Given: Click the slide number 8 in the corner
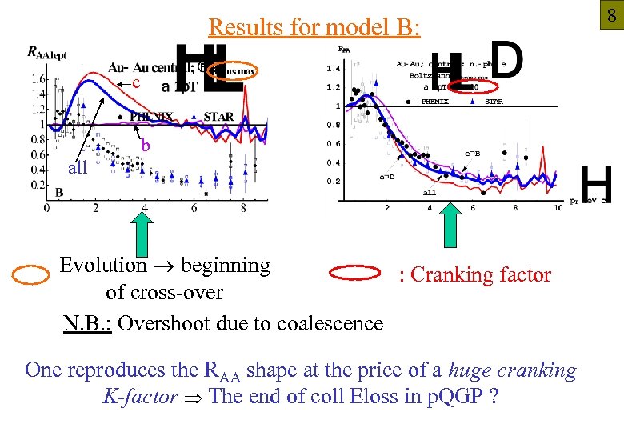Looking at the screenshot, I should [x=610, y=14].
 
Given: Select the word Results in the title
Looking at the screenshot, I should [x=241, y=27].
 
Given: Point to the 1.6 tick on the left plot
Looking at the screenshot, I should [x=36, y=79].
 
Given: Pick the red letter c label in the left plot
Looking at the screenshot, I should [x=137, y=83].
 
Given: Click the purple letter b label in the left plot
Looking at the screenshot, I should [x=146, y=146].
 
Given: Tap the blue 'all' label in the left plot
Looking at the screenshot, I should [x=78, y=168].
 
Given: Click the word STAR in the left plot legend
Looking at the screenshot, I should [x=218, y=117].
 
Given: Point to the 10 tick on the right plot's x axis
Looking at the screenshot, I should [x=558, y=207].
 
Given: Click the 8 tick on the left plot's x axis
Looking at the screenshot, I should [x=243, y=208].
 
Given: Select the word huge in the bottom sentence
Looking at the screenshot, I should [x=470, y=370].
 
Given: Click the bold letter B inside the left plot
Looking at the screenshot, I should [x=59, y=192].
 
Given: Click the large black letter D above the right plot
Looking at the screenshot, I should [x=506, y=60].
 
